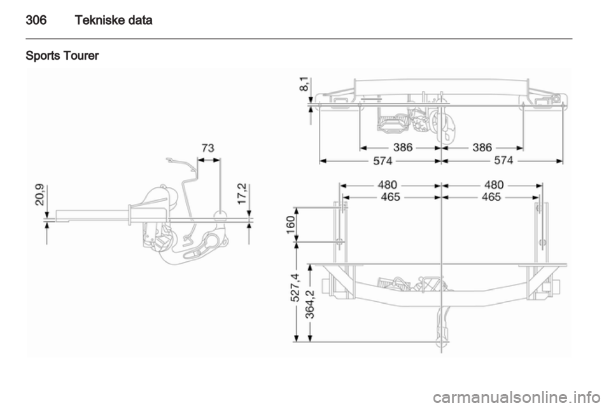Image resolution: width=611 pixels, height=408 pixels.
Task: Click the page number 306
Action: click(36, 20)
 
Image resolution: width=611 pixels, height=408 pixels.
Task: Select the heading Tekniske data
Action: click(113, 20)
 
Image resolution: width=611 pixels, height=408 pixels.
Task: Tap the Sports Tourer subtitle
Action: click(62, 56)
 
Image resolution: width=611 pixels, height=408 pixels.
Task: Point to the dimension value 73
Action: click(208, 148)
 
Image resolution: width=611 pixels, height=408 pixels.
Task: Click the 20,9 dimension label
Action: click(41, 195)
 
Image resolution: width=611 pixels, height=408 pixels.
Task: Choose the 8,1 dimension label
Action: click(305, 84)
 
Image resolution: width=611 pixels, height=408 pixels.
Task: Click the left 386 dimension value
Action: click(403, 147)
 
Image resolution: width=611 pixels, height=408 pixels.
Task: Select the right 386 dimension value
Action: click(482, 147)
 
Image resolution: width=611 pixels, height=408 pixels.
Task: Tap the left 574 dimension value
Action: click(383, 161)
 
